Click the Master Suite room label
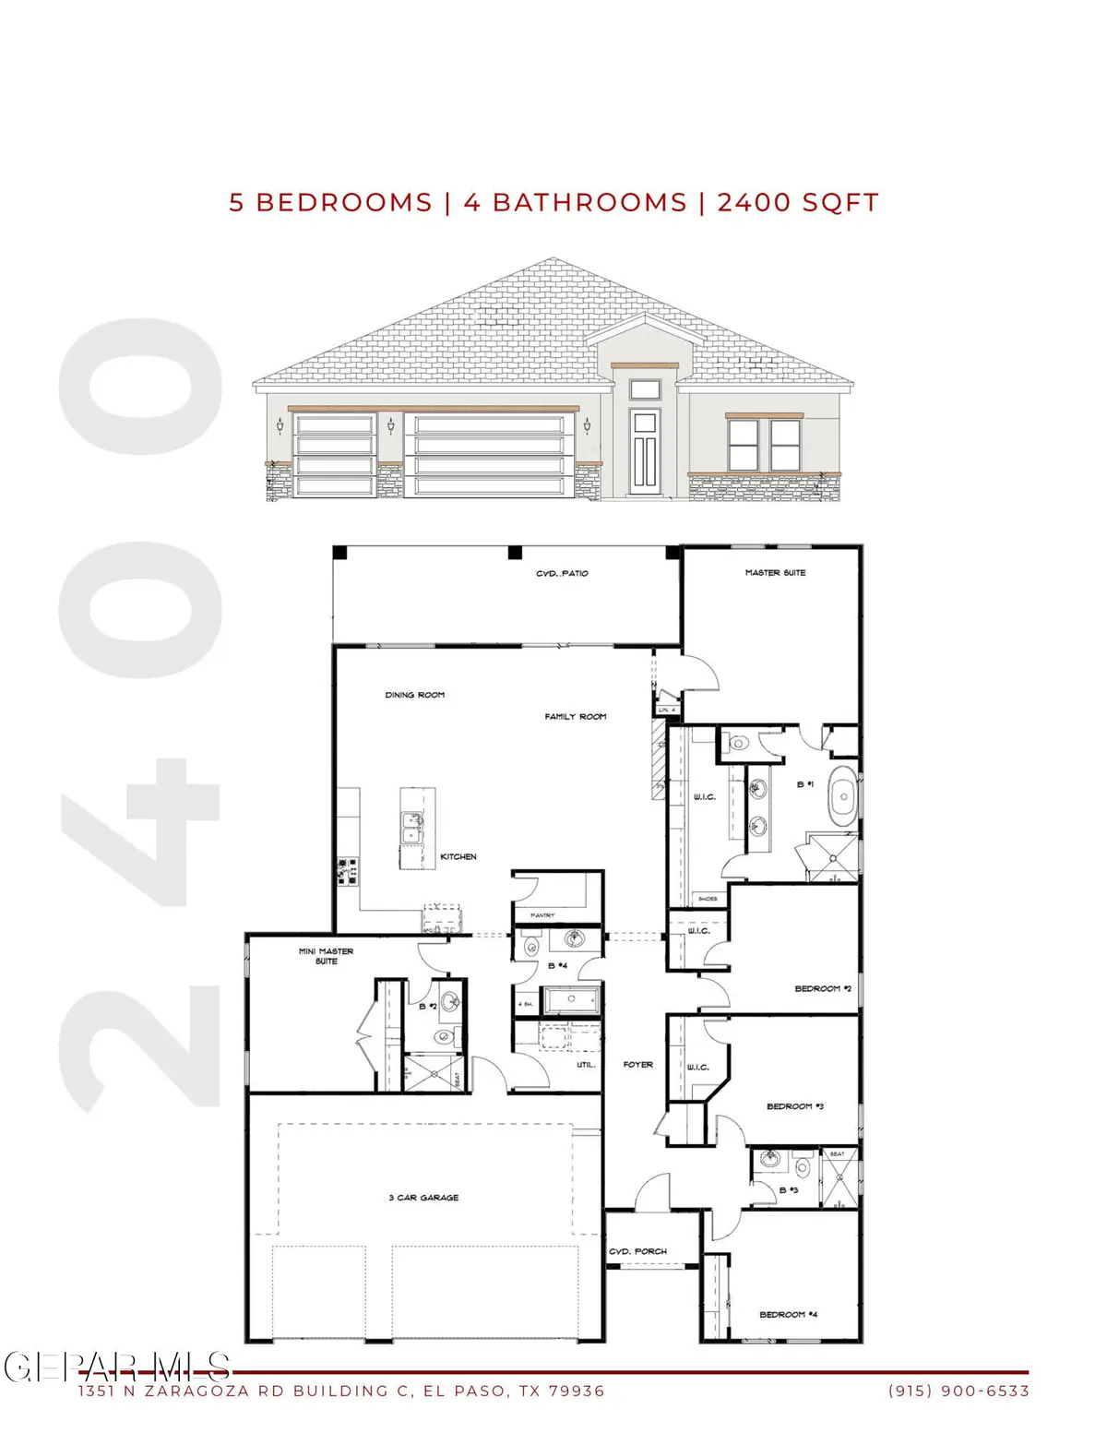(x=775, y=573)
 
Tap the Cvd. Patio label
(x=562, y=574)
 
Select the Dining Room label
(x=414, y=695)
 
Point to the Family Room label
(x=575, y=717)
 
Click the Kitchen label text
(x=458, y=857)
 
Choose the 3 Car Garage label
(x=423, y=1198)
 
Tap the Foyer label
(x=637, y=1065)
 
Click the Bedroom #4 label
(x=788, y=1315)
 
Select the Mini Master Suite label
(x=326, y=956)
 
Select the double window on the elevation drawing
(x=764, y=445)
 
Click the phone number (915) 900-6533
(x=958, y=1391)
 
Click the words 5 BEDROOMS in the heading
(x=330, y=203)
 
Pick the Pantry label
(x=542, y=915)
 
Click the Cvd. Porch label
(x=637, y=1252)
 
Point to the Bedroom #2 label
(x=823, y=989)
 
